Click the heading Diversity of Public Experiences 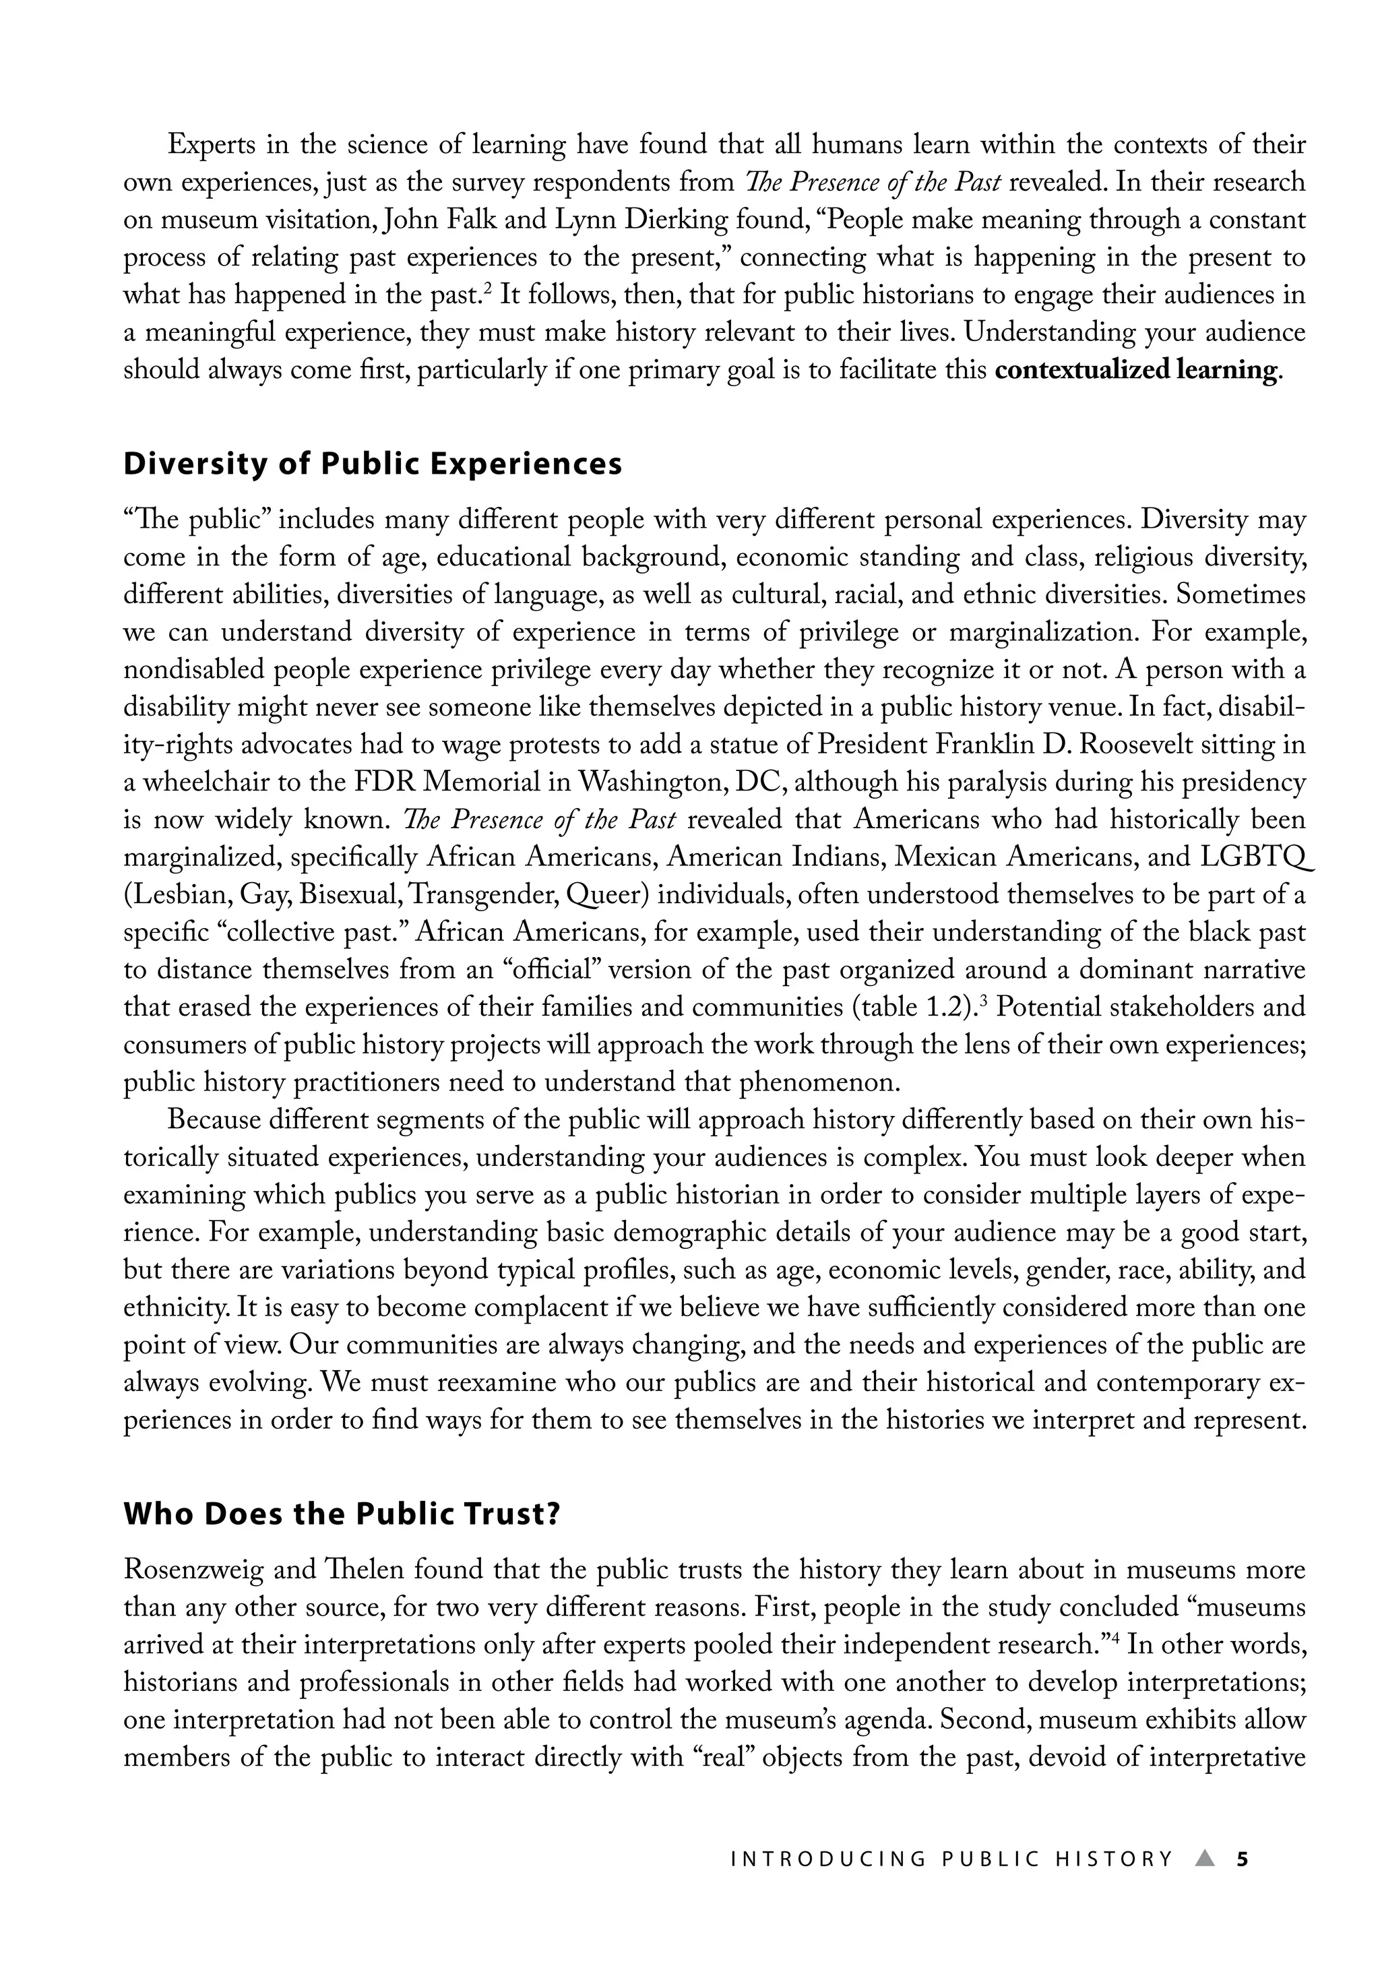[372, 464]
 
